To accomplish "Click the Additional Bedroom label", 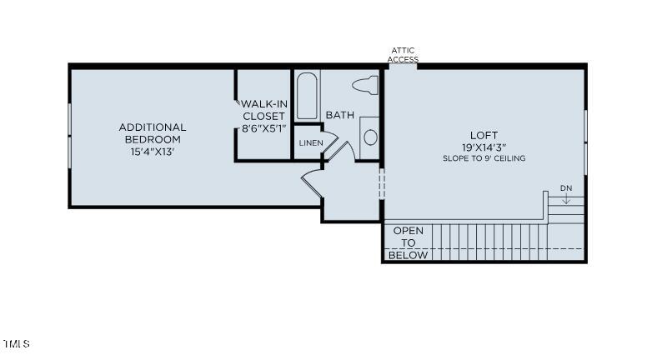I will (x=152, y=132).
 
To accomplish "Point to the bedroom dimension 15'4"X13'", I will (x=152, y=152).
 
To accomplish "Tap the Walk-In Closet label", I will (x=263, y=110).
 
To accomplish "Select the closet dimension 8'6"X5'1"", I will (x=263, y=128).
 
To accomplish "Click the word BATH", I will (x=339, y=115).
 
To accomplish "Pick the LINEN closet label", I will (x=310, y=143).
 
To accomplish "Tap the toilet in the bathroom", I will (x=365, y=84).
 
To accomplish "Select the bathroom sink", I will (x=370, y=137).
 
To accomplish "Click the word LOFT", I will (x=484, y=135).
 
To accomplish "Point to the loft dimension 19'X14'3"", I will (x=484, y=147).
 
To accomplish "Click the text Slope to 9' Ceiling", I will (x=484, y=158).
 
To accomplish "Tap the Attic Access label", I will (x=404, y=55).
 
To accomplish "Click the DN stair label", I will (x=566, y=188).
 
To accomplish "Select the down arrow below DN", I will (x=566, y=199).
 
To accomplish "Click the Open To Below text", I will (x=409, y=242).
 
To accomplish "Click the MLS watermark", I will (x=16, y=343).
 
